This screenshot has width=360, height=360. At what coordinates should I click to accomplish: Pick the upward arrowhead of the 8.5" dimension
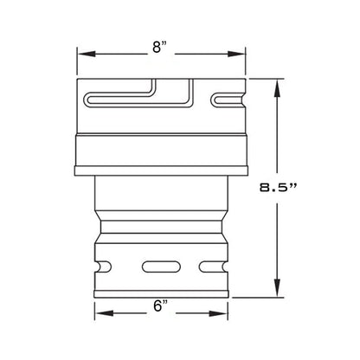pyautogui.click(x=278, y=83)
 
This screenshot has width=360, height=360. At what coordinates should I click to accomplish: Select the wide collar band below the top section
pyautogui.click(x=160, y=152)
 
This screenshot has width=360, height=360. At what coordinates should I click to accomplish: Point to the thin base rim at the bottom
pyautogui.click(x=160, y=292)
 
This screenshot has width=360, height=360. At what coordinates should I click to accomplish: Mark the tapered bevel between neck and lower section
pyautogui.click(x=160, y=228)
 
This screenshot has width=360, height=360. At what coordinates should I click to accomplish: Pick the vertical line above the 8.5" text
pyautogui.click(x=278, y=130)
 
